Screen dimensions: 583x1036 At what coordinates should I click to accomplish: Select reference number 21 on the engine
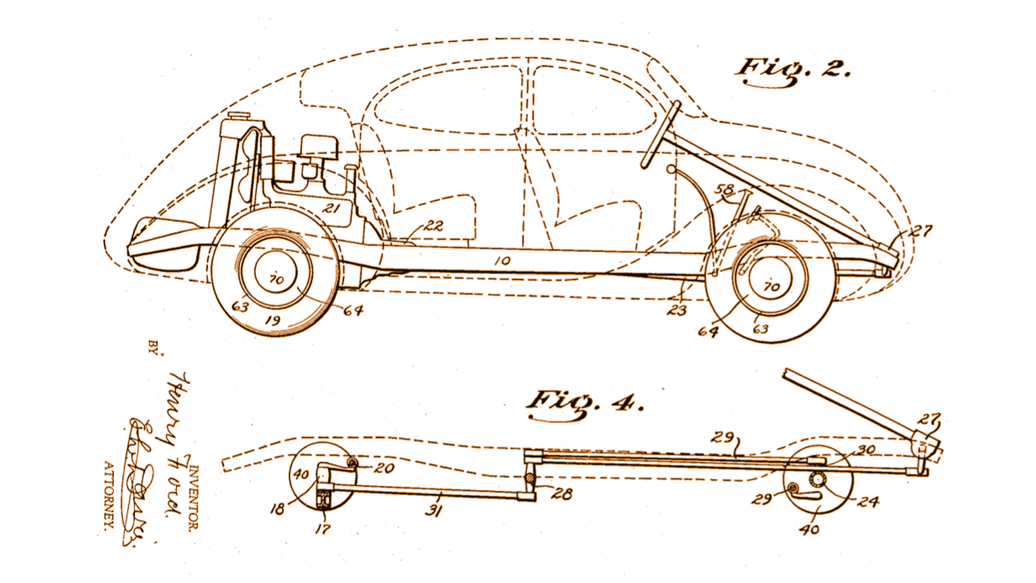click(x=331, y=208)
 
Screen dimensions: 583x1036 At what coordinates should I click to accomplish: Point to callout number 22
click(x=433, y=225)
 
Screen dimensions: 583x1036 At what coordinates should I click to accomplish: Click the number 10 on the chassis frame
click(x=502, y=261)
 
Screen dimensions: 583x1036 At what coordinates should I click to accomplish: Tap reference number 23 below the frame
click(x=676, y=310)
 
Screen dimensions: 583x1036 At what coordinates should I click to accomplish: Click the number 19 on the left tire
click(x=272, y=321)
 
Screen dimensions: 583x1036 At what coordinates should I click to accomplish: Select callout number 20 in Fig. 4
click(x=384, y=468)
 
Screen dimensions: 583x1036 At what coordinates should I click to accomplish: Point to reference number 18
click(x=277, y=509)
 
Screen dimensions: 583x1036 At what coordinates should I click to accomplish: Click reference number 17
click(x=323, y=528)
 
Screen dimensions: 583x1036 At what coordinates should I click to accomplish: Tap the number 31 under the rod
click(x=433, y=511)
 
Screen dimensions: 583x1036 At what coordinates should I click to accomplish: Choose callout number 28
click(x=562, y=493)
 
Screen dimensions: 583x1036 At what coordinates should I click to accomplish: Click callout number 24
click(x=867, y=502)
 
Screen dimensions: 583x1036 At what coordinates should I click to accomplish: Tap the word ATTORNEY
click(x=109, y=494)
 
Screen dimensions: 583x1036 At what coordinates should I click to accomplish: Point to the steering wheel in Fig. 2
click(x=659, y=135)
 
